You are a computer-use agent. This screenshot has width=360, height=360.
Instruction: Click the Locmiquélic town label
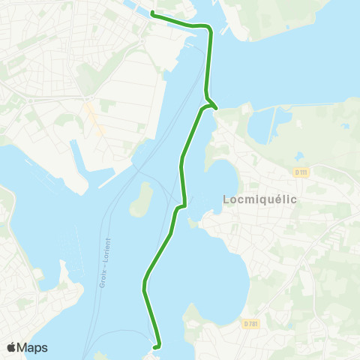[260, 199]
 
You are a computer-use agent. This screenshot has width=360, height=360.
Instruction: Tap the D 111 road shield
[301, 172]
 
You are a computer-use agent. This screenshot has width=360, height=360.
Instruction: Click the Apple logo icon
[11, 347]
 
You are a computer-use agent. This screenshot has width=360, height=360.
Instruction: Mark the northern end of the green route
[152, 13]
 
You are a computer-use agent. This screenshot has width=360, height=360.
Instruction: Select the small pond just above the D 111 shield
[299, 156]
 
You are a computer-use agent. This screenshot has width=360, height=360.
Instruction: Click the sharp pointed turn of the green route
[216, 107]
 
